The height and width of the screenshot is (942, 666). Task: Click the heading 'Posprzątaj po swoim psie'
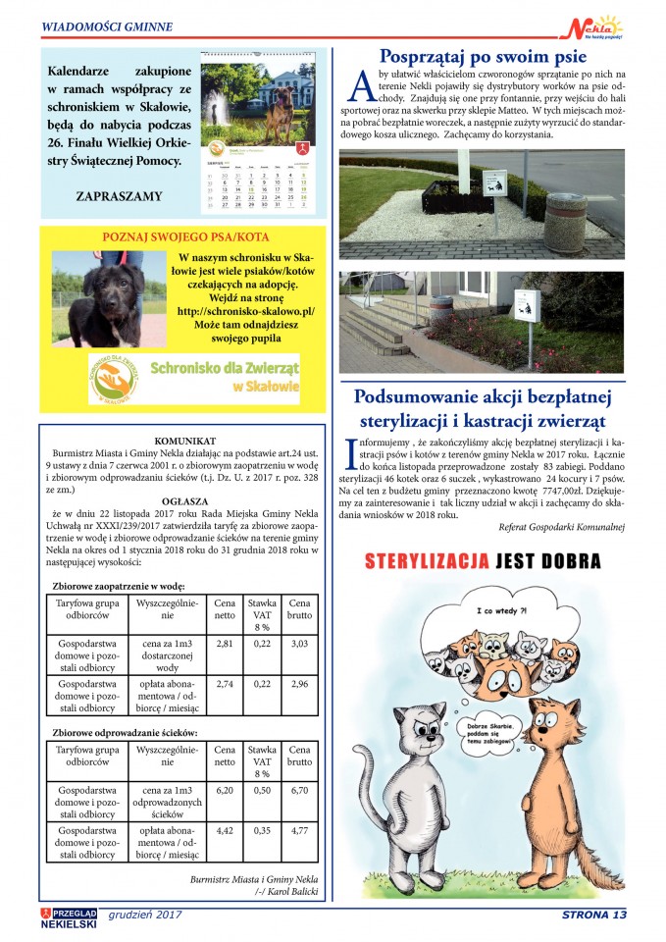tap(482, 56)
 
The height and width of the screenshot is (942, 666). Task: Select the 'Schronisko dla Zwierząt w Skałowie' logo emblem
tap(117, 379)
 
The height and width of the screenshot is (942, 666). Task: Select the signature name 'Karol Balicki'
tap(292, 893)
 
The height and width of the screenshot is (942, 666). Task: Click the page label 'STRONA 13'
tap(591, 916)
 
